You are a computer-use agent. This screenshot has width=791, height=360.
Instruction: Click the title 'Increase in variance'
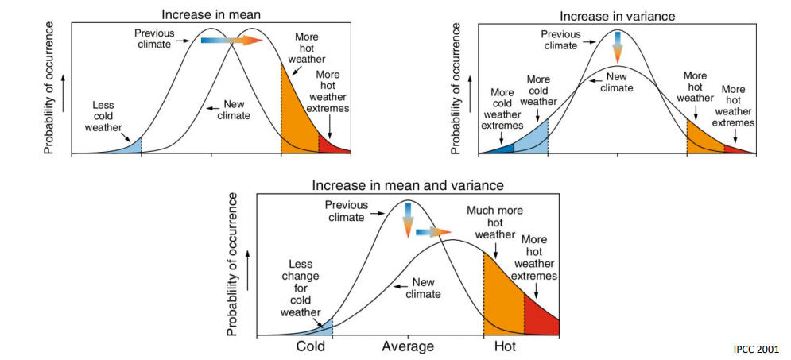click(x=617, y=16)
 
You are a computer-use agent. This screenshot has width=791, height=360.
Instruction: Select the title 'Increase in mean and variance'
click(x=407, y=185)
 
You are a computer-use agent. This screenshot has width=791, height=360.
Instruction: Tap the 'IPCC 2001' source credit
click(x=756, y=349)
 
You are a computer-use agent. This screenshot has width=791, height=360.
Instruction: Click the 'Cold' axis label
click(x=311, y=346)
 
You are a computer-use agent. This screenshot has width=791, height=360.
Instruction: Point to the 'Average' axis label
click(x=408, y=346)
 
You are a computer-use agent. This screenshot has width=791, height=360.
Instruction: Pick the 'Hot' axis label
click(x=505, y=346)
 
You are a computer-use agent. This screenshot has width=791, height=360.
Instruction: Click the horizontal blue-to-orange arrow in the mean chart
click(x=231, y=41)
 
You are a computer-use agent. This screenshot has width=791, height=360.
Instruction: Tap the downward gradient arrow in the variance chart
click(x=618, y=46)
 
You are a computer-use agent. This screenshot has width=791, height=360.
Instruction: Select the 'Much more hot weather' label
click(x=494, y=222)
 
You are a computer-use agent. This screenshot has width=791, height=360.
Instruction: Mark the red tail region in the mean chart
click(x=332, y=145)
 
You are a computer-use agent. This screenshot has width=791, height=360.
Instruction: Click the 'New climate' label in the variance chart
click(x=618, y=82)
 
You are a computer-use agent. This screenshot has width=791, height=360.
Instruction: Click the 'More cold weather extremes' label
click(x=502, y=108)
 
